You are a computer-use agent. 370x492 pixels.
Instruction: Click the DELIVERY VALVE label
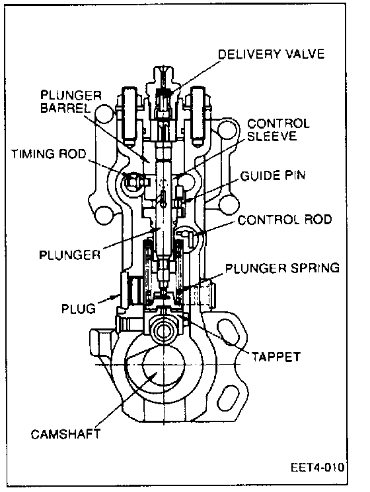(x=271, y=54)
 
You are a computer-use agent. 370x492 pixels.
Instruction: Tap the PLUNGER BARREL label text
(x=71, y=102)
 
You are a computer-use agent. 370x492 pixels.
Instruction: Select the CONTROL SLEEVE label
(x=279, y=129)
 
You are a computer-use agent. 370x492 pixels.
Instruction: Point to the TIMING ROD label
(x=48, y=154)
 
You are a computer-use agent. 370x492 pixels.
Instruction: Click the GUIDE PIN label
(x=273, y=175)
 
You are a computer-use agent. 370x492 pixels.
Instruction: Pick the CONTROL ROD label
(x=285, y=220)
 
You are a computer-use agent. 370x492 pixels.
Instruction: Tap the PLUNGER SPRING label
(x=283, y=268)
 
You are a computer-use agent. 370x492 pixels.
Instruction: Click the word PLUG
(x=78, y=309)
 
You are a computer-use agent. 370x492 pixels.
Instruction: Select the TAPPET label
(x=276, y=357)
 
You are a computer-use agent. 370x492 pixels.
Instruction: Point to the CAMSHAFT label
(x=65, y=434)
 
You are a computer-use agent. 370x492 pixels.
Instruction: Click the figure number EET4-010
(x=317, y=468)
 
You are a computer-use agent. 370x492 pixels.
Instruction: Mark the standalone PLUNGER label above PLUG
(x=70, y=255)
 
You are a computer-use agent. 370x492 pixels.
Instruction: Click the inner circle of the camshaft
(x=163, y=365)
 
